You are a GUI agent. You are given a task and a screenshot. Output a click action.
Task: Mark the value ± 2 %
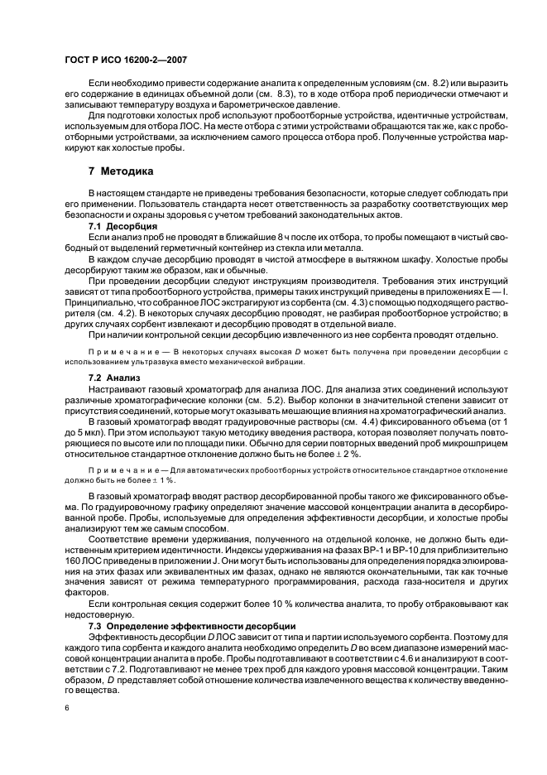362,453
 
